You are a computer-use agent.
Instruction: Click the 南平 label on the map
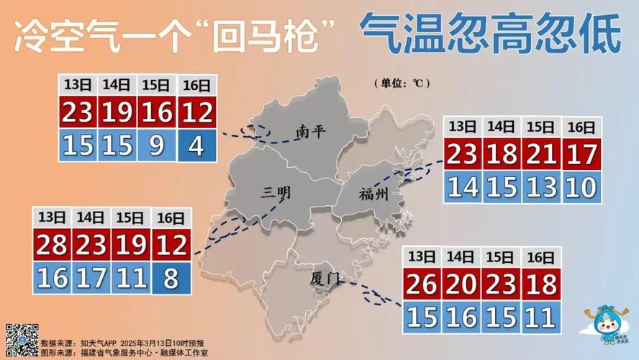[x=311, y=132]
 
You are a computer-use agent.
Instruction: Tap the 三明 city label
[x=276, y=192]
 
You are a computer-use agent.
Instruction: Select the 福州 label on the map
[x=373, y=193]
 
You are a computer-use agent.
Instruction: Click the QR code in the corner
[x=22, y=340]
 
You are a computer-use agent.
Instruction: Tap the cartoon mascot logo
[x=607, y=325]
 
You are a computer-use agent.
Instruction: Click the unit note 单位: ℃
[x=401, y=84]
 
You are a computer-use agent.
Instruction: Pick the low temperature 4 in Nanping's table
[x=195, y=145]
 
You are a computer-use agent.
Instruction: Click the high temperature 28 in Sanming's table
[x=51, y=246]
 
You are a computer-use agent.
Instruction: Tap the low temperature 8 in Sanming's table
[x=171, y=278]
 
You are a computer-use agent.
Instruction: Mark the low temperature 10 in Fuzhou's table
[x=579, y=187]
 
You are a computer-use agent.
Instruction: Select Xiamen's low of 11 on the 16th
[x=540, y=316]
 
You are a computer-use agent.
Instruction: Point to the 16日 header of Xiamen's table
[x=540, y=257]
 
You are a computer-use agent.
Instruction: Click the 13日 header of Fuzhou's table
[x=462, y=127]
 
